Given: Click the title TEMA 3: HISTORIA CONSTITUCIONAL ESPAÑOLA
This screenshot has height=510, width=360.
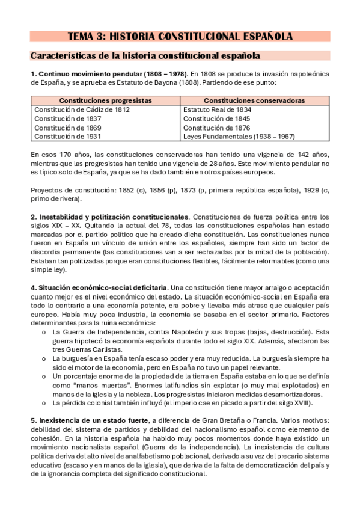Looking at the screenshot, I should tap(180, 37).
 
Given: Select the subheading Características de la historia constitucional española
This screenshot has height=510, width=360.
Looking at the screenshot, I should tap(145, 56).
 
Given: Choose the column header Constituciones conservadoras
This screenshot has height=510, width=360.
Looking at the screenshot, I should tap(254, 100).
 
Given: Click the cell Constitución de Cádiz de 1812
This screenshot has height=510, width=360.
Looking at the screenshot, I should tap(82, 110).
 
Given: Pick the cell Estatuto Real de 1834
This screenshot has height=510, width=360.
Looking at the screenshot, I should tap(217, 110).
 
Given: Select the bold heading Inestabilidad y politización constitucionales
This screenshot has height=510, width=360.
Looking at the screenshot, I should tap(114, 217).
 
